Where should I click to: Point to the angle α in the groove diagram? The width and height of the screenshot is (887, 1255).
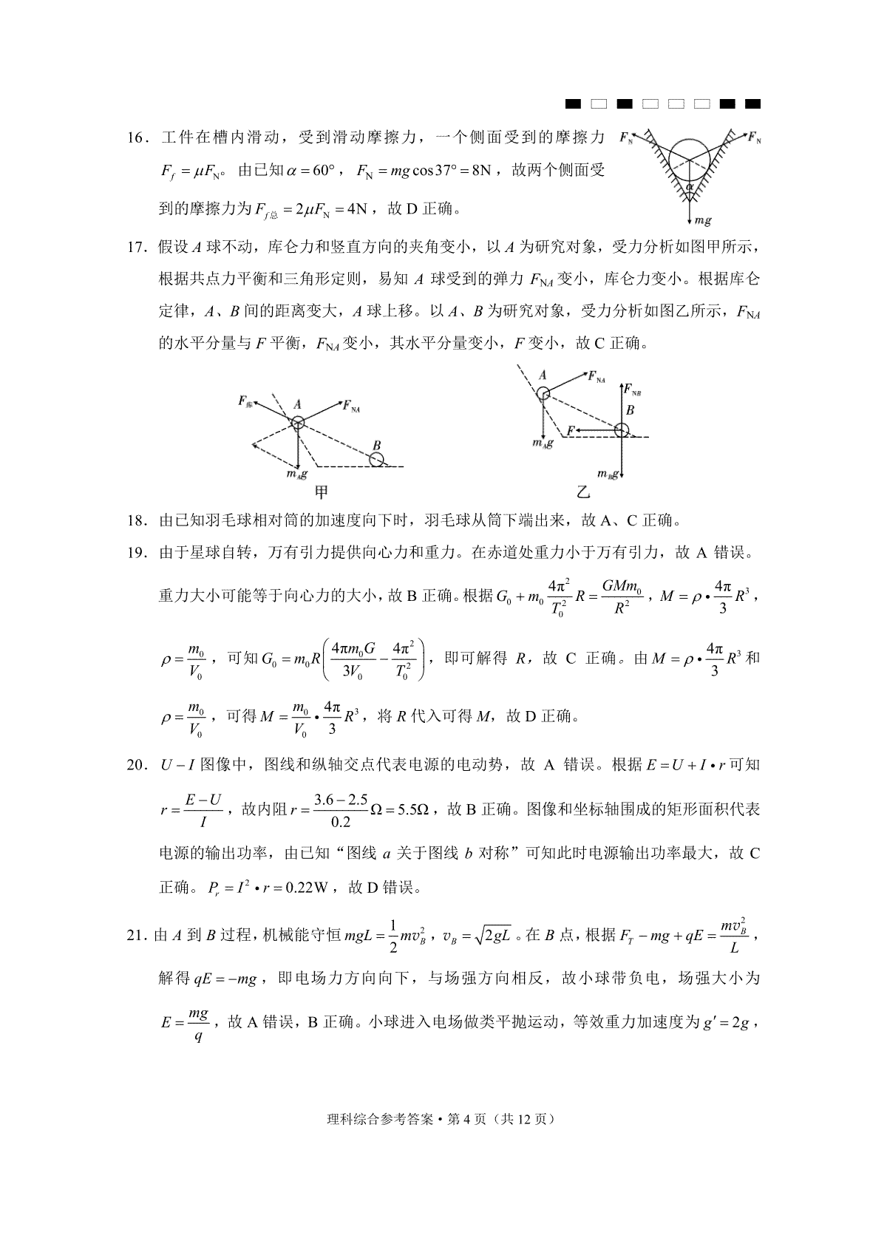pyautogui.click(x=690, y=188)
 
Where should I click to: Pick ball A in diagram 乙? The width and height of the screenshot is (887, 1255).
pyautogui.click(x=543, y=393)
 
